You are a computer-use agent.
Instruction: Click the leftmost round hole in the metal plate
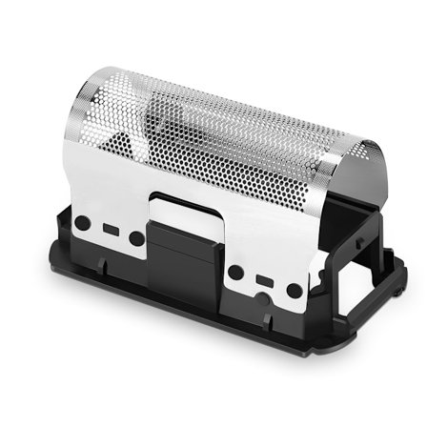(x=83, y=222)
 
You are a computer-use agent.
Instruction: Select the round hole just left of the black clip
(x=137, y=238)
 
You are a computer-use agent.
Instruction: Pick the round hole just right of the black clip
(x=235, y=272)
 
